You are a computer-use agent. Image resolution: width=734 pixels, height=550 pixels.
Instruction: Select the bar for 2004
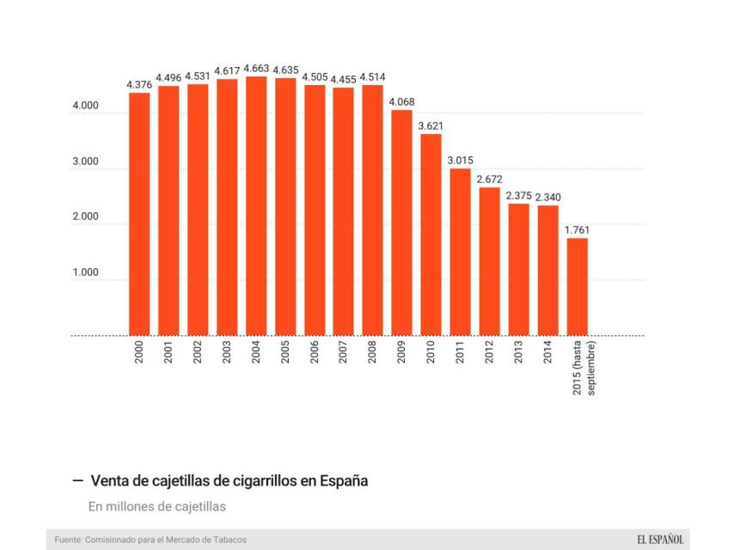pyautogui.click(x=256, y=206)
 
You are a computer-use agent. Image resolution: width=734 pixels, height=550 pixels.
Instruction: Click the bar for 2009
pyautogui.click(x=401, y=223)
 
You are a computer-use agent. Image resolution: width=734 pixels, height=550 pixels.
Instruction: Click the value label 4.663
pyautogui.click(x=256, y=68)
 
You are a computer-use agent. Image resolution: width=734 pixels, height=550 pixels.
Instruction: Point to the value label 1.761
pyautogui.click(x=577, y=229)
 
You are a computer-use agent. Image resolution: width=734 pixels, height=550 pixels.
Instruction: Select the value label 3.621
pyautogui.click(x=431, y=126)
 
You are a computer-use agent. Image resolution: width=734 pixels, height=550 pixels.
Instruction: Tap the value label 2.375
pyautogui.click(x=518, y=195)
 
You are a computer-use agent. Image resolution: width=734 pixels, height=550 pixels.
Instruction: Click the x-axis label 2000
pyautogui.click(x=139, y=355)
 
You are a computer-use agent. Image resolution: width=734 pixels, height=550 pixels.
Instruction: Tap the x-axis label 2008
pyautogui.click(x=372, y=355)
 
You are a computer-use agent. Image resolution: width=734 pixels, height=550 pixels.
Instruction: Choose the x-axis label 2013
pyautogui.click(x=518, y=355)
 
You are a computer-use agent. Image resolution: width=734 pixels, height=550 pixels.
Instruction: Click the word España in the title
pyautogui.click(x=343, y=481)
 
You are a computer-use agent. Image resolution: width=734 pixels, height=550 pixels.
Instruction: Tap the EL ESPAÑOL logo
pyautogui.click(x=660, y=540)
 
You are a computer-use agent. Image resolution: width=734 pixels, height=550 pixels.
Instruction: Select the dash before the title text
pyautogui.click(x=77, y=481)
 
